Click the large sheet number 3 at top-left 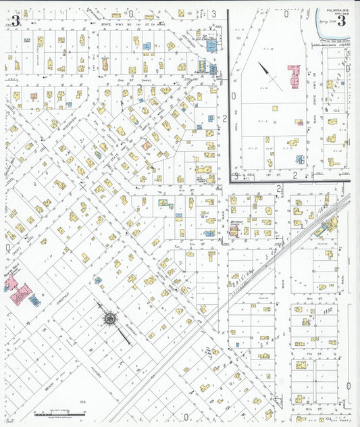[15, 20]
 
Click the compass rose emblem [109, 316]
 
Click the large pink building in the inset [294, 75]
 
